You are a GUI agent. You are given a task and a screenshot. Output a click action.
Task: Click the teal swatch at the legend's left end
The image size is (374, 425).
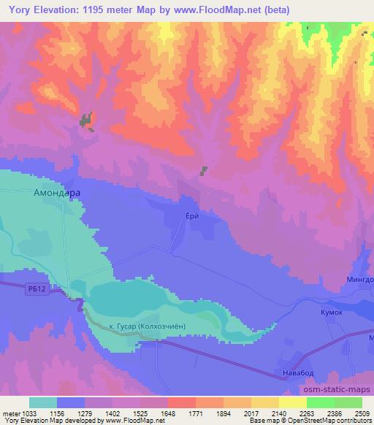point(43,402)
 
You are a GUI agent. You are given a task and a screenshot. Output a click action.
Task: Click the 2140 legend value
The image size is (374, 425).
point(270,412)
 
